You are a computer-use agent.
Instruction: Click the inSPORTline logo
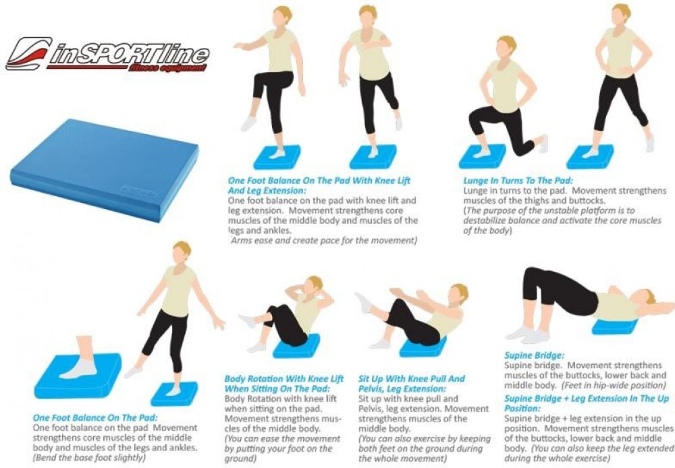click(107, 55)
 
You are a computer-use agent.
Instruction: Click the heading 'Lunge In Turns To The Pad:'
click(518, 181)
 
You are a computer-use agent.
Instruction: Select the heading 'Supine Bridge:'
click(534, 356)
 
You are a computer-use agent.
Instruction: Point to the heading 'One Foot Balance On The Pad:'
click(95, 417)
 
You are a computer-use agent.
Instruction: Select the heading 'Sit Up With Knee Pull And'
click(412, 379)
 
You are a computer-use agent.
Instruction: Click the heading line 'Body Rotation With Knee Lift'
click(283, 379)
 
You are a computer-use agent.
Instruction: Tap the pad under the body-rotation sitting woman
click(297, 347)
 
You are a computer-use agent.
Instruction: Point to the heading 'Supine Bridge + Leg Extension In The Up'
click(587, 399)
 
